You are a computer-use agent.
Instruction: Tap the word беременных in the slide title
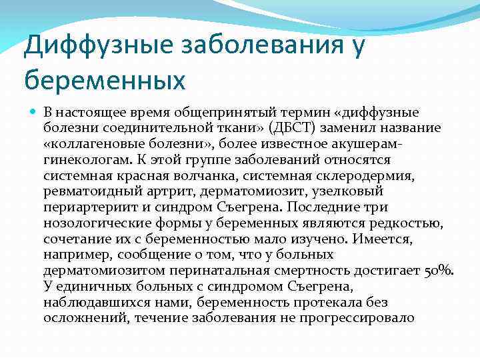tap(105, 81)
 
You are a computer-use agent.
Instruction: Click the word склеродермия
tap(369, 175)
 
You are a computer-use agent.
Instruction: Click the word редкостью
tap(412, 223)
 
